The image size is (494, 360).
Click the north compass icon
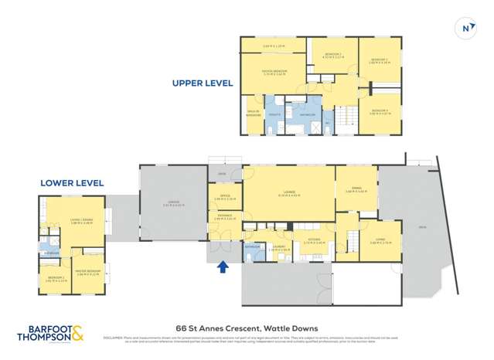[x=466, y=28]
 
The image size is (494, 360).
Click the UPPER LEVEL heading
[x=203, y=83]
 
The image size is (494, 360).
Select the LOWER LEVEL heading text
[x=72, y=183]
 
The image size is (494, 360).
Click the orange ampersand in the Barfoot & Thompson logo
[x=78, y=335]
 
